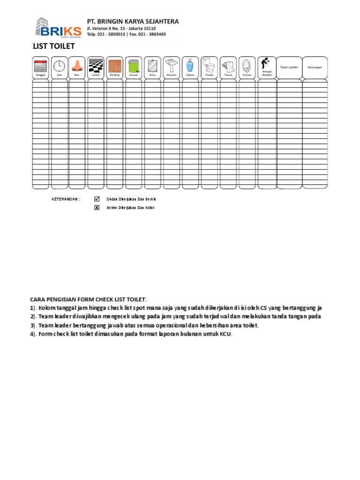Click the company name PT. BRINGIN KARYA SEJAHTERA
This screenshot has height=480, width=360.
click(x=133, y=22)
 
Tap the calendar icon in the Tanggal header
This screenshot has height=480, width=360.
click(x=40, y=65)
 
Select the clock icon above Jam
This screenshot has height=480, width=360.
click(x=59, y=65)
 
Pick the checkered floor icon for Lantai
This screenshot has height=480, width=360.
click(x=96, y=65)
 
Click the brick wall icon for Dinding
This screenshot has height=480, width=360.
click(x=114, y=65)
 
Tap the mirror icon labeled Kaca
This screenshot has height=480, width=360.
click(x=152, y=65)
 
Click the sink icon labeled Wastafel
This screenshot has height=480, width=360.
click(x=171, y=65)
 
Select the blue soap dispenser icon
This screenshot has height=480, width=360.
click(x=190, y=65)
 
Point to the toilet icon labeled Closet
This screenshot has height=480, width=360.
click(x=209, y=65)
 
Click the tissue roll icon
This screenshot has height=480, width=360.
click(x=228, y=65)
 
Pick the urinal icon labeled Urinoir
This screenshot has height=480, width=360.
click(x=247, y=65)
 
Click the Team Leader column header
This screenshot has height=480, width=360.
click(x=289, y=67)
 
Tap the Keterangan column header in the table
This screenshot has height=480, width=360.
click(x=315, y=67)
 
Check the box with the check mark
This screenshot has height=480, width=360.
click(x=97, y=199)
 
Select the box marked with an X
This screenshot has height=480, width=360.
click(x=97, y=208)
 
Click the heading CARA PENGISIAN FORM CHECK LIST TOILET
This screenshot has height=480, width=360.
click(x=89, y=299)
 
